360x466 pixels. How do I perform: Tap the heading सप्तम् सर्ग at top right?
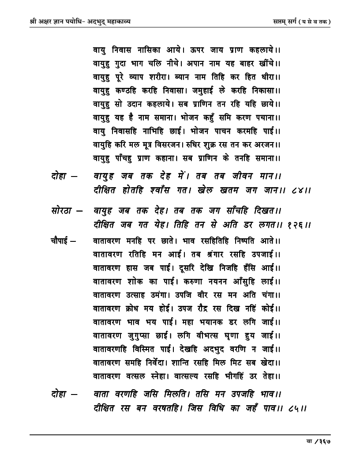pos(284,21)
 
